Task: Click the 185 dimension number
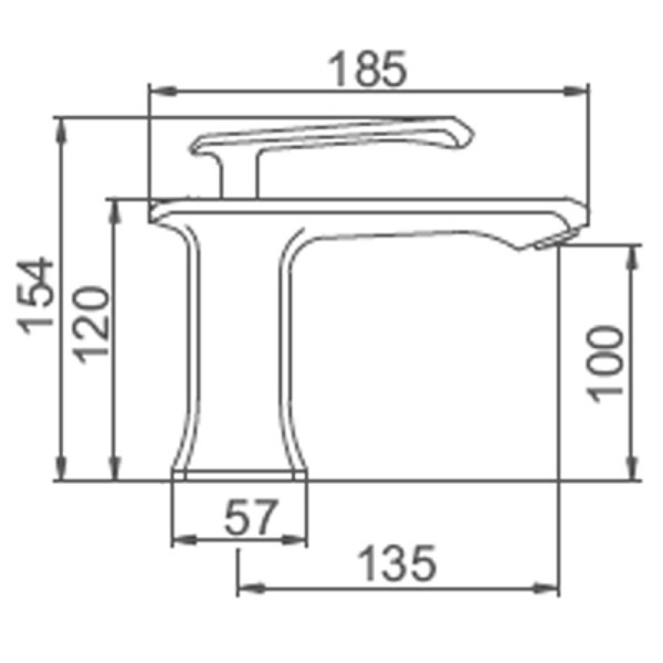click(367, 68)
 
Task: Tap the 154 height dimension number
click(35, 296)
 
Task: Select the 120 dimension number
click(90, 325)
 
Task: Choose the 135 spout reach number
click(396, 564)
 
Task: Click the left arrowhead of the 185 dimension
click(164, 91)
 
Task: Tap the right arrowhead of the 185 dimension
click(575, 91)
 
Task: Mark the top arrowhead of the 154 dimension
click(62, 131)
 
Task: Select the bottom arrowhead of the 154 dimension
click(62, 467)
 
